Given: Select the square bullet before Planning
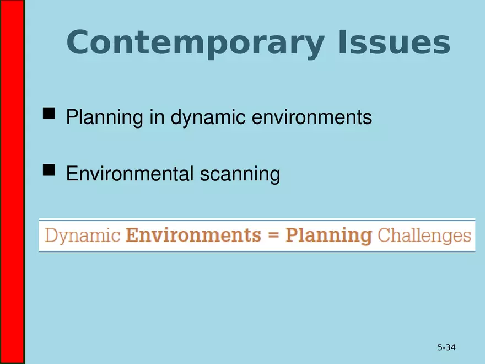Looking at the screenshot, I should pyautogui.click(x=49, y=114).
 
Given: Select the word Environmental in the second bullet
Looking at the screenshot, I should pyautogui.click(x=130, y=174).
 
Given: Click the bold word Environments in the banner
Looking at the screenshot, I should pyautogui.click(x=193, y=235).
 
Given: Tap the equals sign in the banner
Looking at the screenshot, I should pyautogui.click(x=273, y=236).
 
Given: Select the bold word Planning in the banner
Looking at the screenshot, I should pyautogui.click(x=329, y=236).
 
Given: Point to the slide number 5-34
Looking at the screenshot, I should pyautogui.click(x=446, y=347).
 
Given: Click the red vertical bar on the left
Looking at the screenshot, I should pyautogui.click(x=12, y=182).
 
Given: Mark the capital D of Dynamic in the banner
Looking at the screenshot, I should pyautogui.click(x=52, y=235).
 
